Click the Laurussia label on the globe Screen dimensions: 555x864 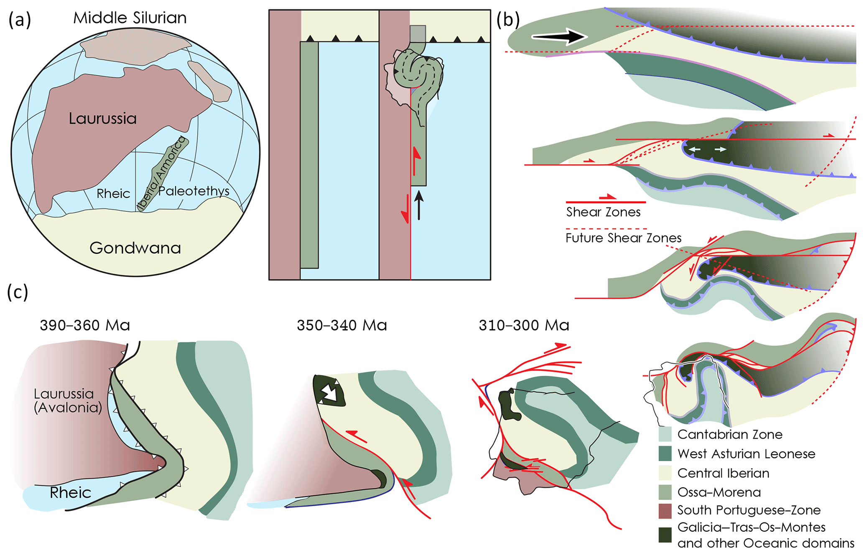(103, 119)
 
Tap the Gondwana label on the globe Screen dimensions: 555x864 (135, 248)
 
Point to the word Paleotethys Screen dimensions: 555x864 (194, 191)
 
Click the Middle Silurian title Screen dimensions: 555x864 (130, 18)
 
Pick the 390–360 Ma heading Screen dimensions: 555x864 (85, 325)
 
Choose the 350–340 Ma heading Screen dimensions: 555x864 (342, 325)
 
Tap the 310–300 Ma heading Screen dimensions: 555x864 (524, 325)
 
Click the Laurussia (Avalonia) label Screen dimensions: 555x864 (68, 400)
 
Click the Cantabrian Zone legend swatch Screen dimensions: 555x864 (665, 434)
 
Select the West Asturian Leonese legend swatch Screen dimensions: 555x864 (665, 454)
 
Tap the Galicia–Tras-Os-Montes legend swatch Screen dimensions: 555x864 (665, 535)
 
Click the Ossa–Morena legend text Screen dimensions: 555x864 (719, 492)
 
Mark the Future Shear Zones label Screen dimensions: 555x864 (623, 238)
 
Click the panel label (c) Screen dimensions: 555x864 (18, 292)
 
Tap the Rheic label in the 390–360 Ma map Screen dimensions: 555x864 (70, 493)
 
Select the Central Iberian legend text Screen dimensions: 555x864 (723, 473)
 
